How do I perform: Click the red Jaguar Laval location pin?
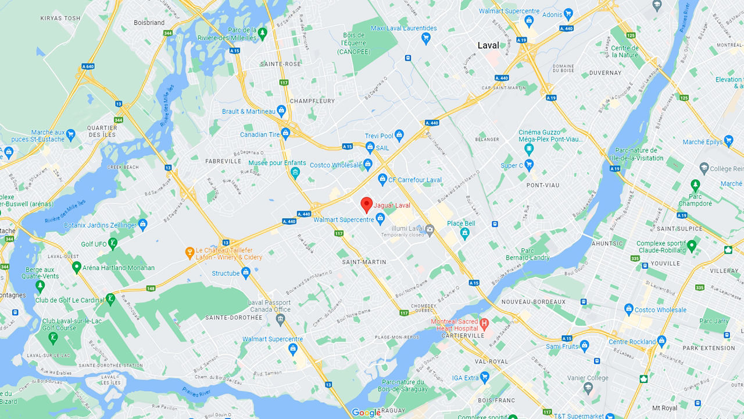(x=366, y=205)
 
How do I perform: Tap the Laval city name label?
(x=488, y=45)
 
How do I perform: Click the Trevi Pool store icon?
(x=399, y=136)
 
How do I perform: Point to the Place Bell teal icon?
(x=464, y=233)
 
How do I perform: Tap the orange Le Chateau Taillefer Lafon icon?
(x=189, y=253)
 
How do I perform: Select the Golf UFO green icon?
(x=113, y=244)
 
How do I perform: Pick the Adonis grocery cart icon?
(x=568, y=15)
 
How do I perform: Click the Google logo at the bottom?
(x=366, y=413)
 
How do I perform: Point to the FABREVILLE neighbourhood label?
(x=223, y=161)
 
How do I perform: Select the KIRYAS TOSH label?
(x=60, y=19)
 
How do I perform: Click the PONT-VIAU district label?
(x=542, y=185)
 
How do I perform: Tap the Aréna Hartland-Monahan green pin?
(x=76, y=268)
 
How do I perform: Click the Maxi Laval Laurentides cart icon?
(x=426, y=38)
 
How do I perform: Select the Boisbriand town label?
(x=149, y=23)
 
